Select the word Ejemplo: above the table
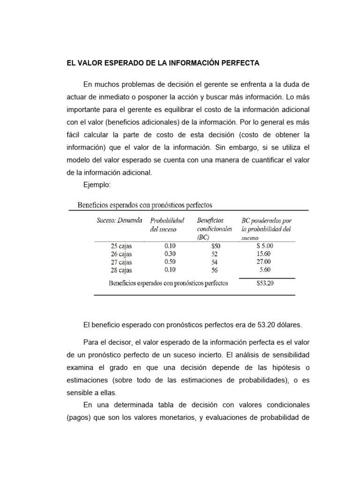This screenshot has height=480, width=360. click(97, 185)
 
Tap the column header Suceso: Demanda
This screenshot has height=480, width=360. click(120, 220)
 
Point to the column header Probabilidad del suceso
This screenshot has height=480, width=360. click(167, 224)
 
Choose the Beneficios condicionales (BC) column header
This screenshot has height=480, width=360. click(214, 228)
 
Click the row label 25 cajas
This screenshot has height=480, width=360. click(121, 245)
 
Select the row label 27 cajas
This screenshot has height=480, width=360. click(121, 262)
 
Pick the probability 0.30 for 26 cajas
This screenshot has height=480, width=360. click(171, 253)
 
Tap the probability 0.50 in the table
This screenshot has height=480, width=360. click(171, 262)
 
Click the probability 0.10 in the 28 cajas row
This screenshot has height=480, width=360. click(171, 270)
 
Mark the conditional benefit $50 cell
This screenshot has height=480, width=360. click(215, 245)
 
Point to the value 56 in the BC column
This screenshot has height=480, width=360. click(215, 270)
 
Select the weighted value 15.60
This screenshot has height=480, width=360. click(265, 253)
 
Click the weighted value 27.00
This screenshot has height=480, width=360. click(265, 262)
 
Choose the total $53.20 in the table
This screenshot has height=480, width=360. click(265, 283)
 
